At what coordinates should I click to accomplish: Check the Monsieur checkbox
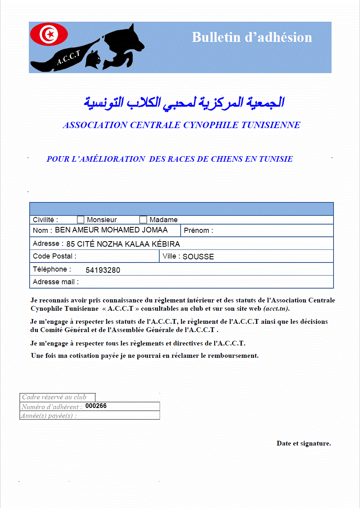(x=81, y=220)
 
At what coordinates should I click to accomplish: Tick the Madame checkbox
(x=143, y=220)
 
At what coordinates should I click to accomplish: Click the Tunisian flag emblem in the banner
(x=49, y=34)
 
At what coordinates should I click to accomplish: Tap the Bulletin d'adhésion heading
(x=252, y=37)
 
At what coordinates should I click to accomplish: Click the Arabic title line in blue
(x=184, y=102)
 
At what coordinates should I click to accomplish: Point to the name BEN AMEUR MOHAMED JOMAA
(x=111, y=230)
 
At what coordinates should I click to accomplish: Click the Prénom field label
(x=198, y=230)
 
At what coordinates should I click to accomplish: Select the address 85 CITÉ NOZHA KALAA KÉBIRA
(x=123, y=244)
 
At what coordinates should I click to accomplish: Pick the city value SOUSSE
(x=198, y=257)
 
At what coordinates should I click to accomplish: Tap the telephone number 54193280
(x=103, y=270)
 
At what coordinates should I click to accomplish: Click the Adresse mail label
(x=56, y=282)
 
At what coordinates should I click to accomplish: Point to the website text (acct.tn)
(x=279, y=308)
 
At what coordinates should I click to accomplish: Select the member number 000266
(x=96, y=406)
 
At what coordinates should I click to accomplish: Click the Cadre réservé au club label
(x=54, y=397)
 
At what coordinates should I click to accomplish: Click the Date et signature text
(x=303, y=444)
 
